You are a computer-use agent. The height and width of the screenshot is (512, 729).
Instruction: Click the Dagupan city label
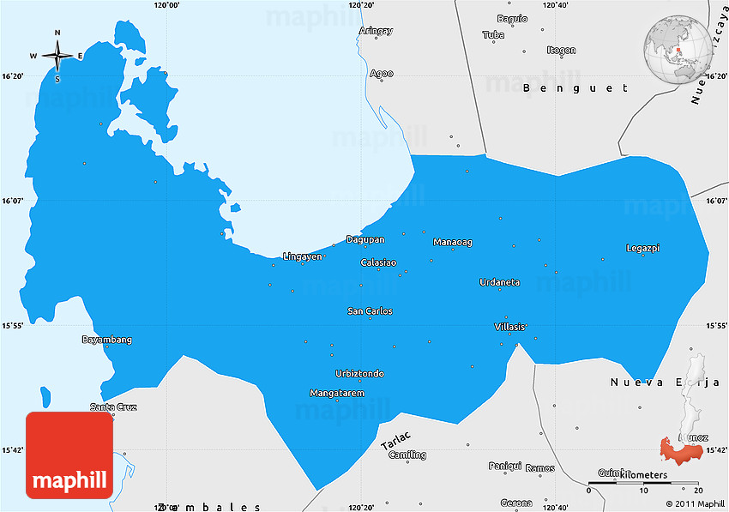click(365, 239)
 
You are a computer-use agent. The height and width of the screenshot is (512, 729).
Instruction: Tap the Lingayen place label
click(303, 256)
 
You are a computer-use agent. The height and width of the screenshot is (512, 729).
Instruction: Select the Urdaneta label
click(499, 282)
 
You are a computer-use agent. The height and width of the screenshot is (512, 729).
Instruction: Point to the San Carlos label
click(370, 310)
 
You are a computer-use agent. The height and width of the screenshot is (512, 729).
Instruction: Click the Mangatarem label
click(337, 393)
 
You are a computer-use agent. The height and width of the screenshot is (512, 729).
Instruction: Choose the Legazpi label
click(643, 248)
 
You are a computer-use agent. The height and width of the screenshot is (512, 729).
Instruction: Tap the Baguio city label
click(512, 18)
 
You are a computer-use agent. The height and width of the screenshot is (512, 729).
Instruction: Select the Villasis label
click(510, 327)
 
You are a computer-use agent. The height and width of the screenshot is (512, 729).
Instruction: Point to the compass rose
click(57, 56)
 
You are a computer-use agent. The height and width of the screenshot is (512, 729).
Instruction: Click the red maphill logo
click(69, 455)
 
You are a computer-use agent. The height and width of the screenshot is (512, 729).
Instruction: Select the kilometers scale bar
click(643, 485)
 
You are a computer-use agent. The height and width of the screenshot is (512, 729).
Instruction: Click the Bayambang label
click(107, 340)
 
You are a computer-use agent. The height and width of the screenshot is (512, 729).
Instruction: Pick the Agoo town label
click(382, 74)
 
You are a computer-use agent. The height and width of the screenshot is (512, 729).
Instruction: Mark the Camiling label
click(407, 455)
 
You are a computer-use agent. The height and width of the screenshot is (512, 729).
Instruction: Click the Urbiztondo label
click(359, 374)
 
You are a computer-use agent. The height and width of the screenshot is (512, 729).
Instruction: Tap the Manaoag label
click(453, 242)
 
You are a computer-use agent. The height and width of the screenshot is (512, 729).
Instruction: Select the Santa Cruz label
click(113, 407)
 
